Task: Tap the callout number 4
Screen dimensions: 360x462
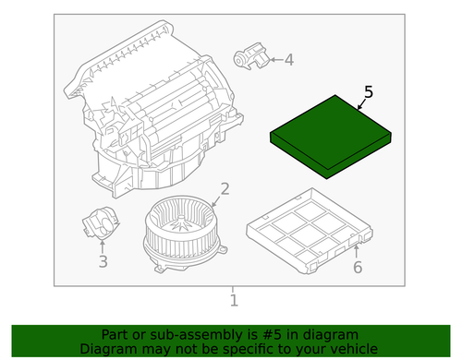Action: [x=288, y=60]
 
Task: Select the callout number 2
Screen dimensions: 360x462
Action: [x=223, y=192]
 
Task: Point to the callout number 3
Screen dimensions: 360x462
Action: [x=103, y=261]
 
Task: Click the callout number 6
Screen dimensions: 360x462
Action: [x=357, y=269]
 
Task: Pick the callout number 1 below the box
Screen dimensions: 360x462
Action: [x=233, y=300]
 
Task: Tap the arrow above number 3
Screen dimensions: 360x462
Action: [x=102, y=244]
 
